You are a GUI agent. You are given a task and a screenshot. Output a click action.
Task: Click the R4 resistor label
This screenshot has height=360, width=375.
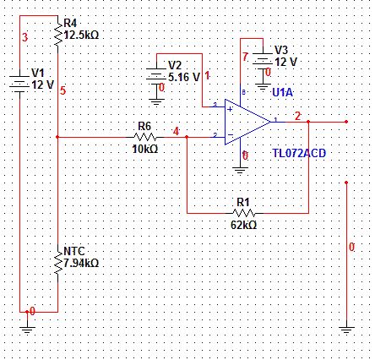coord(70,23)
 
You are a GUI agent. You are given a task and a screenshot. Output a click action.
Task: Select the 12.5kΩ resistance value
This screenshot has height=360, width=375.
coord(81,35)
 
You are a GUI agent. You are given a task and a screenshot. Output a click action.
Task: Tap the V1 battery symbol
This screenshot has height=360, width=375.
coord(19,81)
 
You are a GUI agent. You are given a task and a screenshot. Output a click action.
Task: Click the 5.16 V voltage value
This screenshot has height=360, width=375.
coord(184,77)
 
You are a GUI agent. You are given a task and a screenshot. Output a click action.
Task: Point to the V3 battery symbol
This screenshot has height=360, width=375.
coord(263,59)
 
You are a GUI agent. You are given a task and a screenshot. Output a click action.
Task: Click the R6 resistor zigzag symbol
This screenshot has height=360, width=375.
coord(145,137)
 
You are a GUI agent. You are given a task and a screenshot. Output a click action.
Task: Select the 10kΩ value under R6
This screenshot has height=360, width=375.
coord(145,149)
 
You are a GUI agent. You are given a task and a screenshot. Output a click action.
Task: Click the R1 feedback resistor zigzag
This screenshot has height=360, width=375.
coord(244,213)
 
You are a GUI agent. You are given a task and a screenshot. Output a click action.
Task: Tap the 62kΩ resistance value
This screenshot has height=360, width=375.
coord(244,225)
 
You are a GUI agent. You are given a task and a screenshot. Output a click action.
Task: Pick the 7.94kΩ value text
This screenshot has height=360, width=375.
coord(81,263)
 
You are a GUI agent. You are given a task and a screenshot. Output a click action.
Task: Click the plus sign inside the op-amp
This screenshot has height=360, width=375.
coord(230,109)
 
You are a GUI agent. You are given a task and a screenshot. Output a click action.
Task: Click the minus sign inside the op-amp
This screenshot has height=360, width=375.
coord(231,134)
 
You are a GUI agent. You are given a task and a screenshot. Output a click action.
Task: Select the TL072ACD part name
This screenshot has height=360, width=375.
coord(299,153)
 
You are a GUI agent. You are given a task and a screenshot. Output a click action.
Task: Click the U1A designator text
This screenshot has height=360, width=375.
coord(283,92)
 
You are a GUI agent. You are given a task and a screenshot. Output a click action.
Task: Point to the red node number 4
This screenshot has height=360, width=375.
coord(176,131)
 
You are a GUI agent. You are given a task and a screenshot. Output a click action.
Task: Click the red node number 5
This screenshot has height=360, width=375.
coord(62,90)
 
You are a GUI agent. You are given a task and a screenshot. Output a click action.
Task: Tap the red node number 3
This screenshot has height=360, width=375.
coord(24,37)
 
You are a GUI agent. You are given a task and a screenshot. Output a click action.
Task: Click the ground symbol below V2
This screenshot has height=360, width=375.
coord(156,102)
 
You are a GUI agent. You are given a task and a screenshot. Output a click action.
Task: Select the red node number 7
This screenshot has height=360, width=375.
coord(245,57)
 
